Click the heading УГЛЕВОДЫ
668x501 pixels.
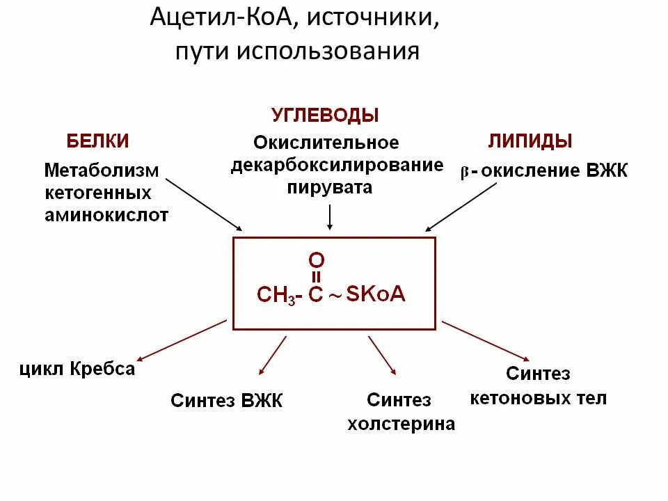(325, 115)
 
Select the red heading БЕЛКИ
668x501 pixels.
(98, 141)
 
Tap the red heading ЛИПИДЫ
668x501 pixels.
(530, 141)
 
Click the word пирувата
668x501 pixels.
(330, 187)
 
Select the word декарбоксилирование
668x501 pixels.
(337, 166)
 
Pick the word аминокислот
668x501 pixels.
(106, 215)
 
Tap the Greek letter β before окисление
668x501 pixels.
(464, 173)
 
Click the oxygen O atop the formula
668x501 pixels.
(316, 260)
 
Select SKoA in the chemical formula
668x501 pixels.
(376, 294)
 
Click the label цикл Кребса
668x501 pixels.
(77, 369)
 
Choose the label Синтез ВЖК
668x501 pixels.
(227, 401)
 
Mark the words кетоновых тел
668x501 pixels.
(539, 398)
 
